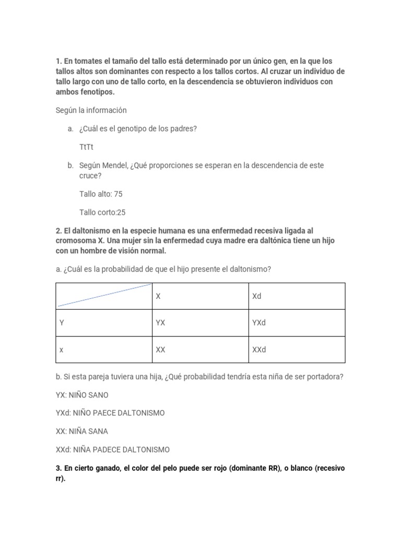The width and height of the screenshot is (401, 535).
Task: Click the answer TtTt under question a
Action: pos(86,147)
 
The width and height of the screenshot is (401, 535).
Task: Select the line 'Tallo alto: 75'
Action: pos(101,194)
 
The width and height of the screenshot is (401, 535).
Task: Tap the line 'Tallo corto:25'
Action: pos(102,213)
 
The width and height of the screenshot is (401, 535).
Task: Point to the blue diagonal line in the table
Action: pos(104,295)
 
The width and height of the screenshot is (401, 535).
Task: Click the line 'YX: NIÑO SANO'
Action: pos(82,394)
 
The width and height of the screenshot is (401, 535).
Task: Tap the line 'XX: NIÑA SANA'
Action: pos(82,432)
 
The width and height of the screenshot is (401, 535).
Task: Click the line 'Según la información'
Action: pos(91,110)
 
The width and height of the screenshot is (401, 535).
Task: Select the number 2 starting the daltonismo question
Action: pos(58,230)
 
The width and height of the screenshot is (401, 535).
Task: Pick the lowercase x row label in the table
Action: pos(62,350)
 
